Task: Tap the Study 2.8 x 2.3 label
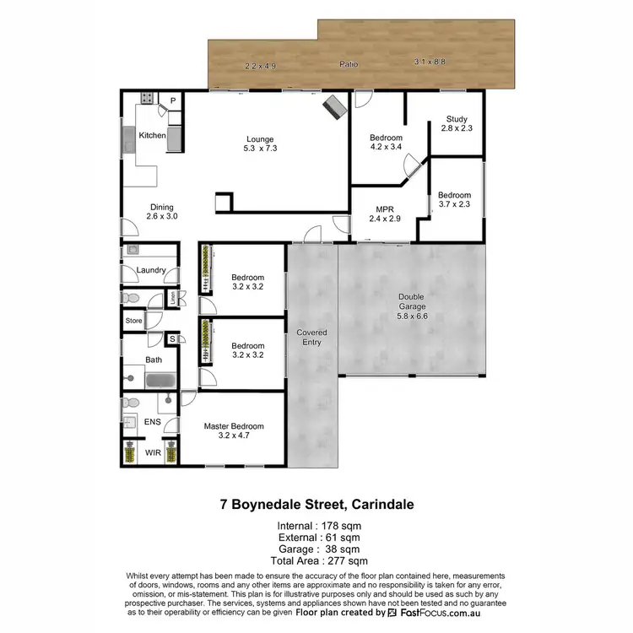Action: (x=456, y=124)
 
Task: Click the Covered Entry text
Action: (x=311, y=337)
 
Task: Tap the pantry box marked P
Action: (x=172, y=101)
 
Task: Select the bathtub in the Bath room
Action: (x=164, y=380)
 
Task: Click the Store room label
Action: (x=133, y=321)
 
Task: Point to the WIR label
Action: (x=153, y=453)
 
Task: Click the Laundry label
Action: (x=150, y=271)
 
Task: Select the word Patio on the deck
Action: (x=347, y=63)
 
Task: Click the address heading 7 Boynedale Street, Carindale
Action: (x=316, y=505)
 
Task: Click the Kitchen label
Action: (x=153, y=135)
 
